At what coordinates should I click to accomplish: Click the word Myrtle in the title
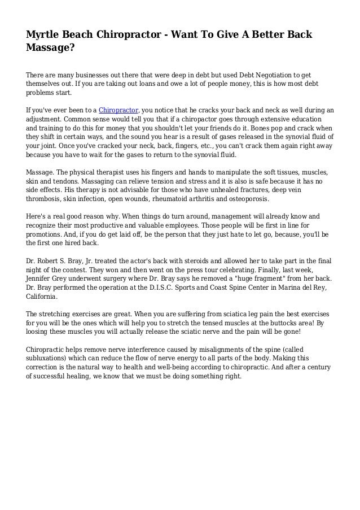pos(43,36)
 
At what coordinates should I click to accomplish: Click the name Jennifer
pos(42,279)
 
